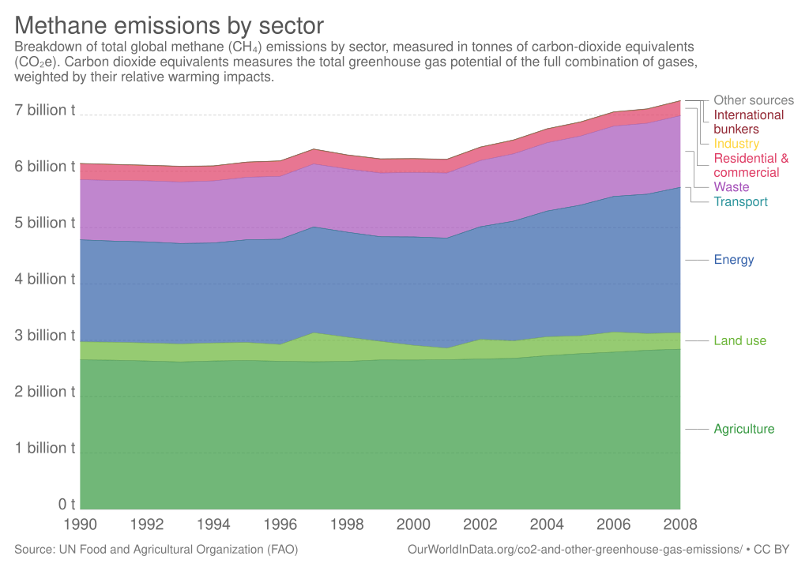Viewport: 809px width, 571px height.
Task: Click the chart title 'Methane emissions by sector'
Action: (169, 24)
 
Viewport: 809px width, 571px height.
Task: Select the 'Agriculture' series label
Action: (743, 429)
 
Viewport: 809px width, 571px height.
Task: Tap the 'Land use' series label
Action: (739, 340)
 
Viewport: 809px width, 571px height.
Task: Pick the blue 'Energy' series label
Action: (733, 260)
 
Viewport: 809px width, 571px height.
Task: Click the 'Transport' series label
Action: (740, 202)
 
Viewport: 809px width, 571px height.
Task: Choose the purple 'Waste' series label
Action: (731, 187)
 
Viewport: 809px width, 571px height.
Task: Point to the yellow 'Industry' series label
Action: (736, 144)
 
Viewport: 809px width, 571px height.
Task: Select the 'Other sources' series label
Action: (754, 100)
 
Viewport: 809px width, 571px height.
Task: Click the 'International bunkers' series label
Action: (748, 122)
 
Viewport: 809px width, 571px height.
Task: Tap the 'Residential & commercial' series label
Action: (751, 165)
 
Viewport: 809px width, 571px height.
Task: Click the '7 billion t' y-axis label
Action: (46, 110)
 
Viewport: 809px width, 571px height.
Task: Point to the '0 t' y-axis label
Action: (66, 504)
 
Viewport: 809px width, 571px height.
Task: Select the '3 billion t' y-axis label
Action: (46, 335)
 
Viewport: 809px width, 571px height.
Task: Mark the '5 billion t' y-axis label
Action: (46, 223)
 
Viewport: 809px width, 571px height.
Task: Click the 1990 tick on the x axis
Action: (81, 523)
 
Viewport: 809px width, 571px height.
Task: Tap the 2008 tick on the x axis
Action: (680, 523)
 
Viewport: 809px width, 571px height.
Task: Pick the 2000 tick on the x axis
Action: (413, 523)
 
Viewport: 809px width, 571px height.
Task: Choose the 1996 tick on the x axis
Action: (280, 523)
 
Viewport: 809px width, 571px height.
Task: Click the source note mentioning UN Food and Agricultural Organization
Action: (156, 549)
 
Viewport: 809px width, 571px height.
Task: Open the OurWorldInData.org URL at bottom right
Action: (575, 549)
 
